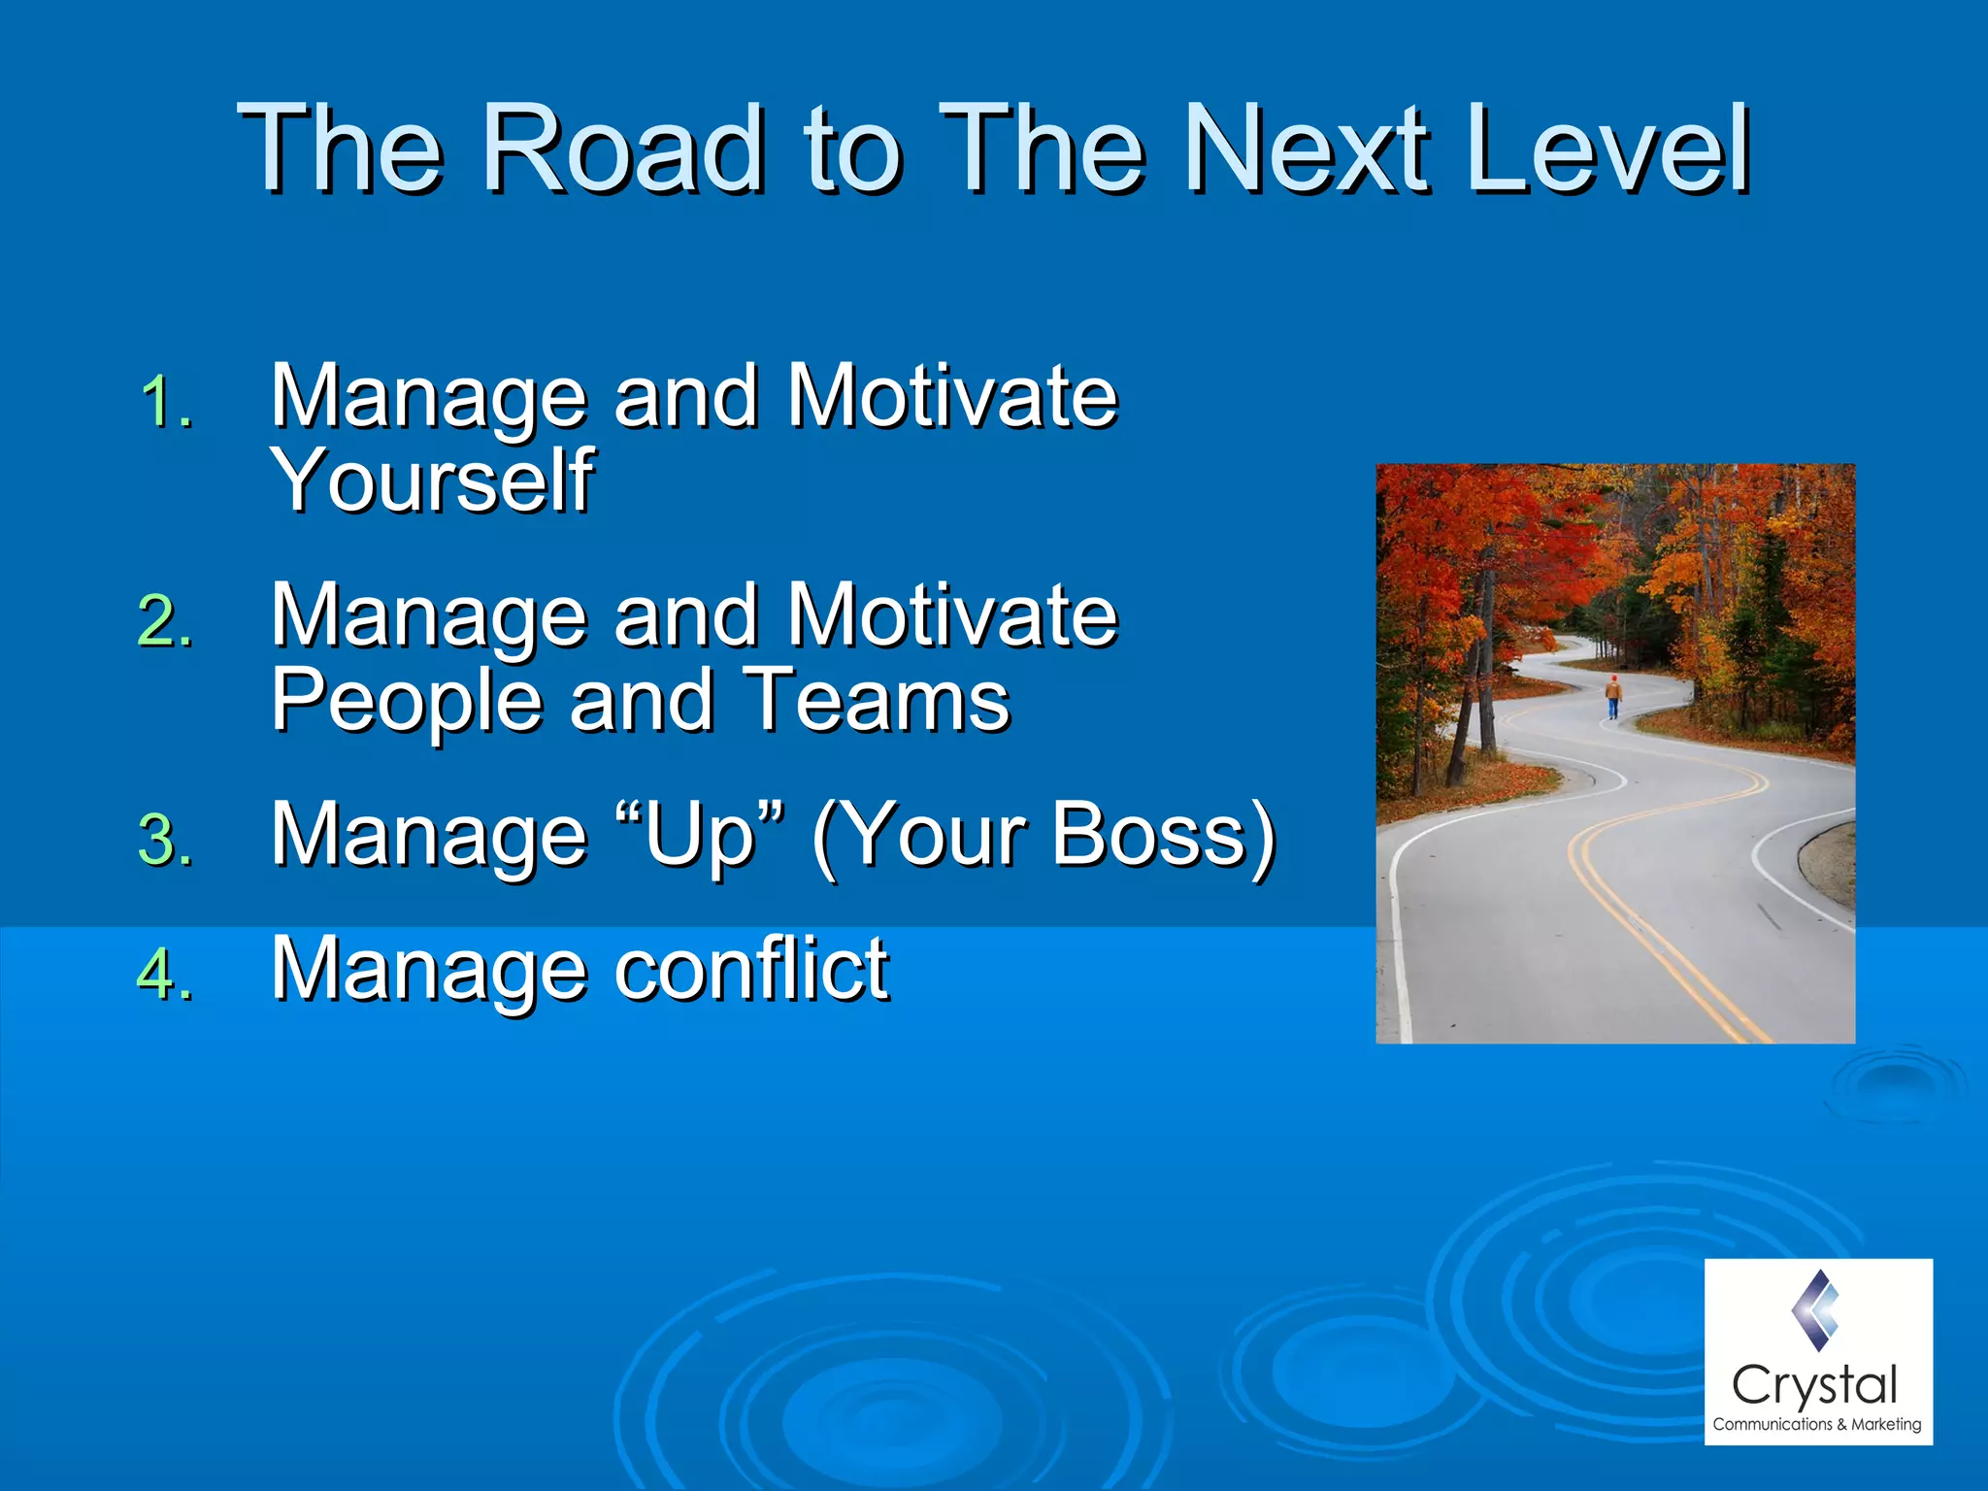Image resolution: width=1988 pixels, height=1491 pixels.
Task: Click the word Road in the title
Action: [x=622, y=148]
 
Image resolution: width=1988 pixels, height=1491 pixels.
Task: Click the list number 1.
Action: [x=165, y=403]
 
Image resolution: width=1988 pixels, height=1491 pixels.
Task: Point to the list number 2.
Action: [x=165, y=621]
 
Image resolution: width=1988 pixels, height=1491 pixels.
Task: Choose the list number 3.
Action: [x=165, y=841]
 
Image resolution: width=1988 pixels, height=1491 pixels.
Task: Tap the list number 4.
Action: [x=165, y=975]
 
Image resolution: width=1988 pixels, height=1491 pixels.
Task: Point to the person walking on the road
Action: [x=1613, y=697]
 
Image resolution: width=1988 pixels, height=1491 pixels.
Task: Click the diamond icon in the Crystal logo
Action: [x=1814, y=1310]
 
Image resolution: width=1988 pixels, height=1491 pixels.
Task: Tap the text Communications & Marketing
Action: [x=1816, y=1425]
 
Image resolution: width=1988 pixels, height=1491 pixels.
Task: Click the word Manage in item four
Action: [x=428, y=969]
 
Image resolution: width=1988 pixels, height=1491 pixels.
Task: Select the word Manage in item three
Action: [x=428, y=835]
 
